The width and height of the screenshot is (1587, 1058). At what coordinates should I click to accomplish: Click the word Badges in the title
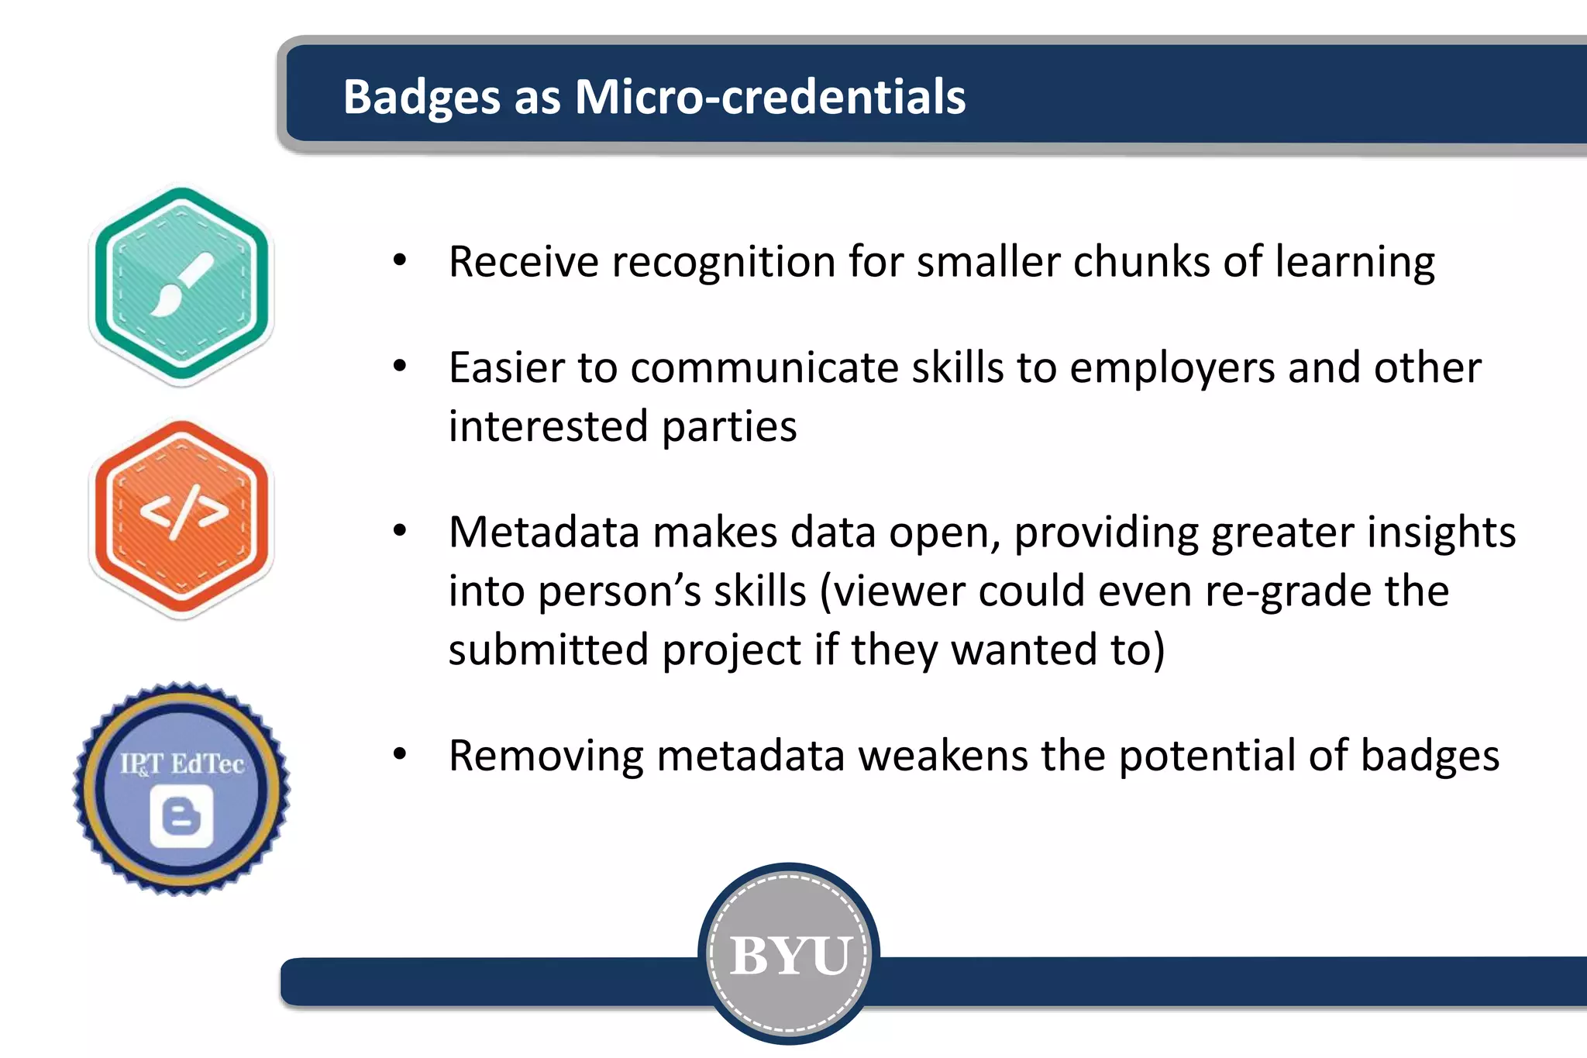(x=422, y=98)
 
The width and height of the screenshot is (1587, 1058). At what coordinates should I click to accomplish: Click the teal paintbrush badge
(x=181, y=285)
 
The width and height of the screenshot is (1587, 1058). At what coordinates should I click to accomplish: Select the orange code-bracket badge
(x=181, y=518)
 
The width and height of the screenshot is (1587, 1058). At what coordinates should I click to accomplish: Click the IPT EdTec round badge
(x=181, y=788)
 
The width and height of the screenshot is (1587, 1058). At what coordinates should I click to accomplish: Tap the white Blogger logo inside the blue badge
(x=181, y=815)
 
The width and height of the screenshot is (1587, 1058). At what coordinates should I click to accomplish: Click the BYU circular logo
(x=789, y=954)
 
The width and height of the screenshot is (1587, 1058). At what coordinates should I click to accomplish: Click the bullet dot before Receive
(x=399, y=260)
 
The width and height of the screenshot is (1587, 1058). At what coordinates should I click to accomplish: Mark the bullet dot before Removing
(x=399, y=753)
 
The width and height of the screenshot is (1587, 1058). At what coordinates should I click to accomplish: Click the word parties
(x=729, y=427)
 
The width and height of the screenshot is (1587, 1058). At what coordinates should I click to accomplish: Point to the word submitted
(x=548, y=650)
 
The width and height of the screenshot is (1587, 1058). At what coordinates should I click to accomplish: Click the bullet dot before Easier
(x=399, y=366)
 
